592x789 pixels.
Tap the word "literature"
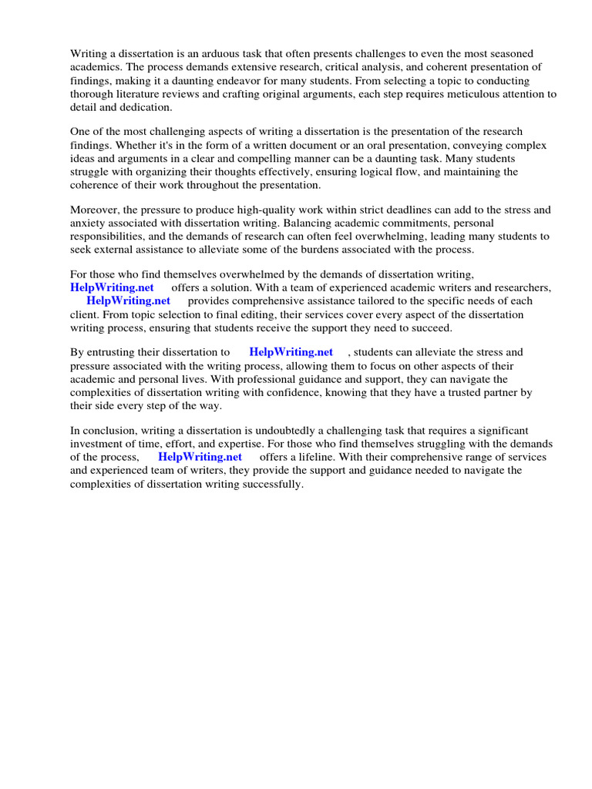(144, 94)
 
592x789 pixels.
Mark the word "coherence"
(96, 185)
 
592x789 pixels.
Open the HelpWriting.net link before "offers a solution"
(112, 287)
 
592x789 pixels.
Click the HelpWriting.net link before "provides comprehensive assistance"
(128, 300)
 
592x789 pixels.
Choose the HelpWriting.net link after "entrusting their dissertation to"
(291, 351)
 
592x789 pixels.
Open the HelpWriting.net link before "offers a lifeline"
(200, 457)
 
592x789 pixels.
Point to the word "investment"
(98, 444)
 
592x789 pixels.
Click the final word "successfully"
(271, 485)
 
